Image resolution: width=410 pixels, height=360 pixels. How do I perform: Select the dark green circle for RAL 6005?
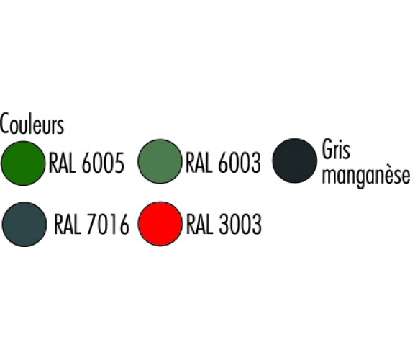23,163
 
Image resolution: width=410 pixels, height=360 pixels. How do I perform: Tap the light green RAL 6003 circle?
160,161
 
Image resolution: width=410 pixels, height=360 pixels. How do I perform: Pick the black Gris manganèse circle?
295,161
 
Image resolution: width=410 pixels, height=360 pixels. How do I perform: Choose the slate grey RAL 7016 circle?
24,225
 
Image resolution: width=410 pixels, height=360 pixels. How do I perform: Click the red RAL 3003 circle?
160,224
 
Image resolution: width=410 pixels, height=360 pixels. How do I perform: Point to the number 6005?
103,163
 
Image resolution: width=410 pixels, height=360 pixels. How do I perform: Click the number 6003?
240,163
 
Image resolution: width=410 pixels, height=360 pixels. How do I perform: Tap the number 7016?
108,225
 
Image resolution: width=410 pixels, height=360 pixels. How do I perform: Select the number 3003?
240,225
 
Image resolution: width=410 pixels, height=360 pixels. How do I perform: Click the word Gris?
336,149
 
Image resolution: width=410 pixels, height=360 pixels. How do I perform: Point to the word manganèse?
366,176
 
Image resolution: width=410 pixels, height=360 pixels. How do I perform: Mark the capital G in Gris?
328,149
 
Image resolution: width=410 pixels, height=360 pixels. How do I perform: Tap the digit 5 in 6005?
119,163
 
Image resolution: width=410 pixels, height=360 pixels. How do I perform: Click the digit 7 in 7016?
91,225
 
